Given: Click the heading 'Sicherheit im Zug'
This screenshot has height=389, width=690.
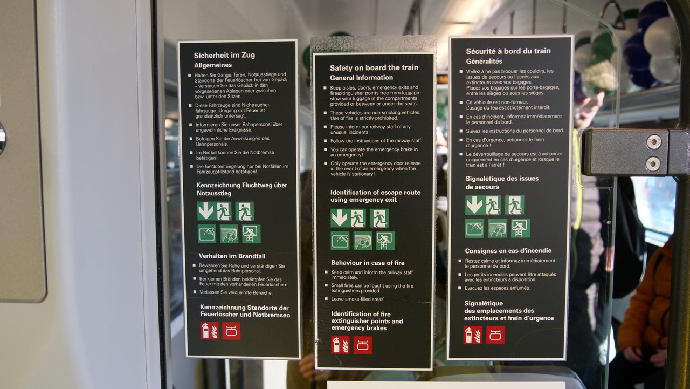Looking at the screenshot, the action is pyautogui.click(x=224, y=56).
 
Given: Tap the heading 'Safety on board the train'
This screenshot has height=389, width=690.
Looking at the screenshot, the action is pyautogui.click(x=374, y=67).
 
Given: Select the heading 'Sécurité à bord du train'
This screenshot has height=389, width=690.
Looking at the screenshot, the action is pyautogui.click(x=508, y=51).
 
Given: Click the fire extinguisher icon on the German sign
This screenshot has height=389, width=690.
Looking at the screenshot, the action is pyautogui.click(x=210, y=331).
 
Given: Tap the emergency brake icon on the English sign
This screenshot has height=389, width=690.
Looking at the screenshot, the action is pyautogui.click(x=363, y=345).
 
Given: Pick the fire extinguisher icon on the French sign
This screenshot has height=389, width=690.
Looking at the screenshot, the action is pyautogui.click(x=473, y=335).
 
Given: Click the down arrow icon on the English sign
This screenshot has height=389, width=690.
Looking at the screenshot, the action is pyautogui.click(x=340, y=218).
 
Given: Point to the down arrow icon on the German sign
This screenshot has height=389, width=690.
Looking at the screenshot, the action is pyautogui.click(x=205, y=211).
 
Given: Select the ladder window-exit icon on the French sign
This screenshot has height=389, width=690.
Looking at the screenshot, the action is pyautogui.click(x=520, y=228).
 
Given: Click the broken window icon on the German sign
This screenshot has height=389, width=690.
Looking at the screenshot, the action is pyautogui.click(x=206, y=234).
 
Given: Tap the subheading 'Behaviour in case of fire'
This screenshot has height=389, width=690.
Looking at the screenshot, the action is pyautogui.click(x=368, y=263).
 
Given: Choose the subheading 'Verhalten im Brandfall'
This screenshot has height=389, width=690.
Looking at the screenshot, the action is pyautogui.click(x=232, y=256).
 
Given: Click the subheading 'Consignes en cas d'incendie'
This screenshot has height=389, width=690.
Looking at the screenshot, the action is pyautogui.click(x=508, y=251).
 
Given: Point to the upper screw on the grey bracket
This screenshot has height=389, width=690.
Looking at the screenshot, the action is pyautogui.click(x=653, y=142).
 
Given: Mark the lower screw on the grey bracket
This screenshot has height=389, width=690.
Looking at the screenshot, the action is pyautogui.click(x=652, y=163).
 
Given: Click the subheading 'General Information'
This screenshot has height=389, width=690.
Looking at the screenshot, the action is pyautogui.click(x=361, y=78).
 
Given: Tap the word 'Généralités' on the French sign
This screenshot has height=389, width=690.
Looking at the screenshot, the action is pyautogui.click(x=484, y=62).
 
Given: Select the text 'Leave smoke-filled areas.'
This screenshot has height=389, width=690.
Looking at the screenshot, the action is pyautogui.click(x=357, y=299).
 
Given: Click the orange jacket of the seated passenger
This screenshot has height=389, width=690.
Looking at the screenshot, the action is pyautogui.click(x=647, y=302).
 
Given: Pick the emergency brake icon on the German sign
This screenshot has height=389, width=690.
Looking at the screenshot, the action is pyautogui.click(x=231, y=331).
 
